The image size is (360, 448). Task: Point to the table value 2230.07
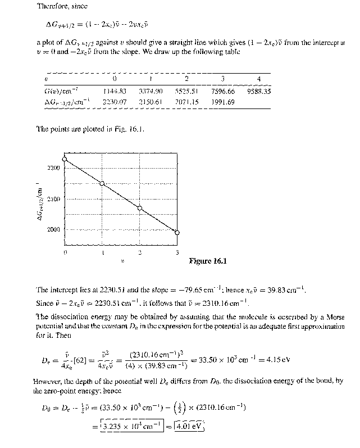coord(114,102)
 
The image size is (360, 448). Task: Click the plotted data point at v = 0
coord(65,159)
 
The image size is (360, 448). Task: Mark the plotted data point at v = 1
coord(102,183)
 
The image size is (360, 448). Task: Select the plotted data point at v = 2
coord(140,208)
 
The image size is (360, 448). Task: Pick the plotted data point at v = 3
coord(177,233)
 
